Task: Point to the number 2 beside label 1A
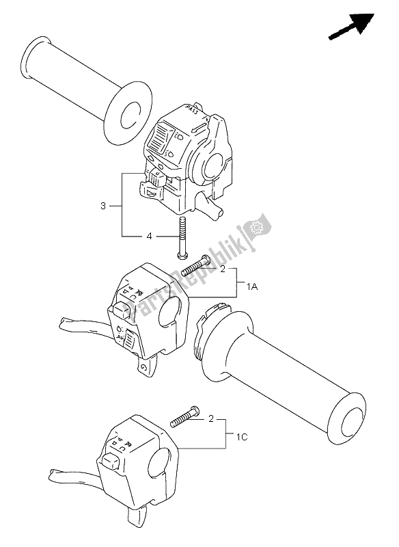click(x=221, y=270)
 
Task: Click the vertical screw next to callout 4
click(x=182, y=236)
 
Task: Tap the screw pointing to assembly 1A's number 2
click(x=197, y=266)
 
